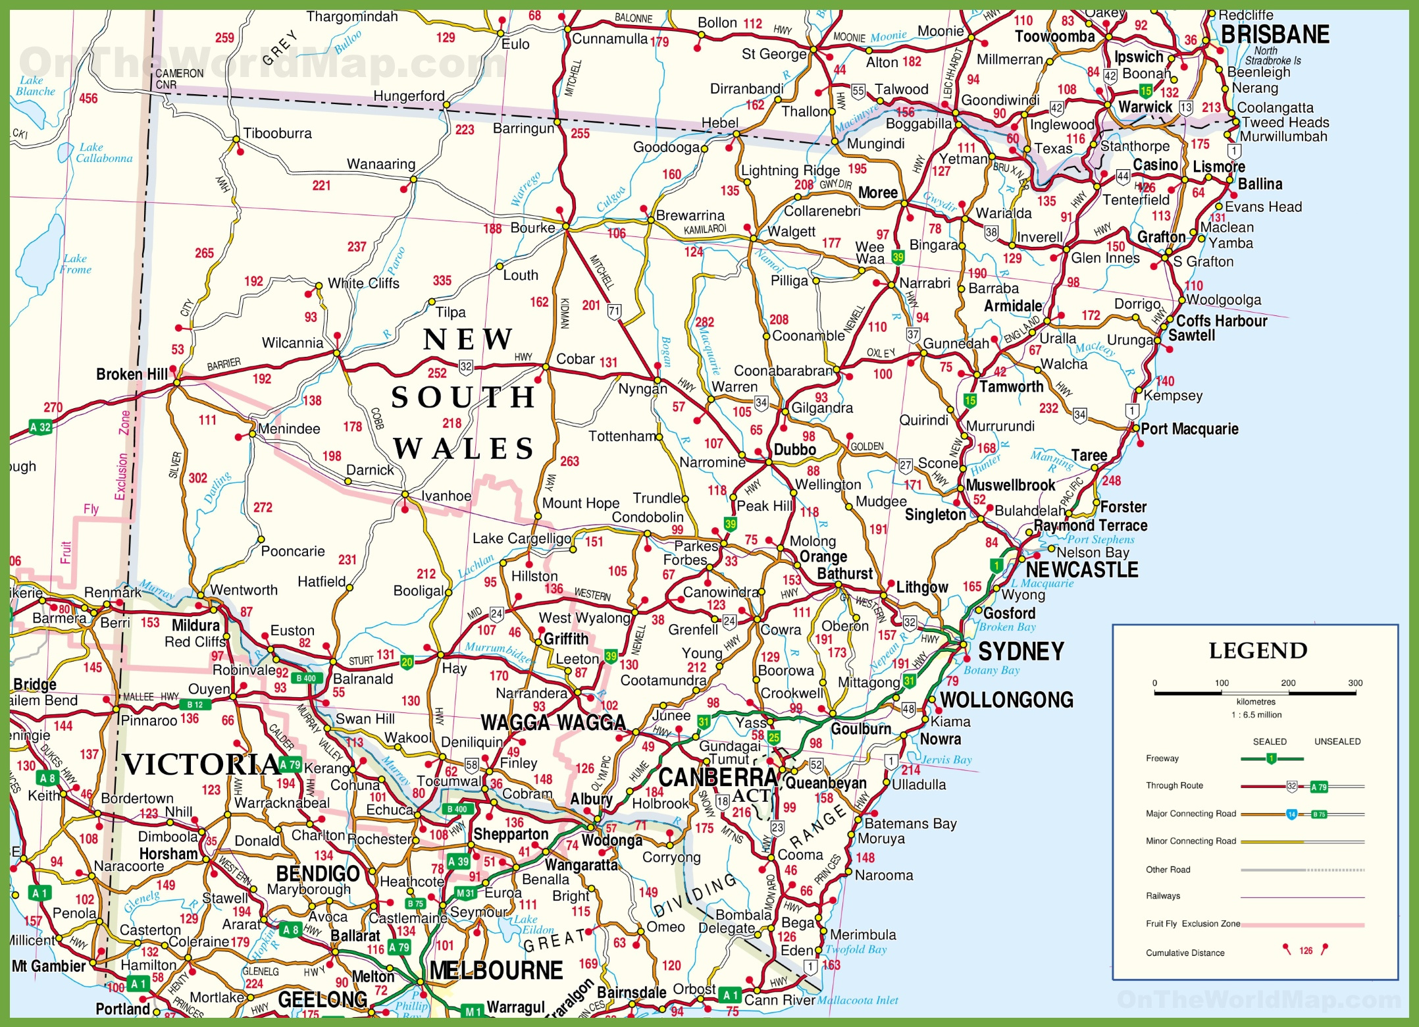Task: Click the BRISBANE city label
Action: point(1275,34)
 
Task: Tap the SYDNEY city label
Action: point(1021,652)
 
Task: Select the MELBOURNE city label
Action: point(496,970)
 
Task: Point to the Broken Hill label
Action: point(132,375)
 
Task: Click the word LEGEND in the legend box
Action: point(1258,651)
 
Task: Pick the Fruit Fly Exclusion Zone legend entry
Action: point(1193,924)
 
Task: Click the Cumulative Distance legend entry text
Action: point(1185,953)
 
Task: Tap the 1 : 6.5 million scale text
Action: point(1256,715)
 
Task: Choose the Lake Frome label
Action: point(76,264)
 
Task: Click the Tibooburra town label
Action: point(277,134)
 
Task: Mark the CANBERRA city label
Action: point(718,777)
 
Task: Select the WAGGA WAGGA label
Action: point(553,723)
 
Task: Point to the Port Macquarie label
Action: point(1189,429)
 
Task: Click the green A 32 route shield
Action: point(40,427)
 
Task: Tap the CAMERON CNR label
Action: point(179,79)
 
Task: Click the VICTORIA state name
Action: point(201,765)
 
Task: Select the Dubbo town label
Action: point(794,450)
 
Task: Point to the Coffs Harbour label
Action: point(1222,321)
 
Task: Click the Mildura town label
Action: point(195,625)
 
